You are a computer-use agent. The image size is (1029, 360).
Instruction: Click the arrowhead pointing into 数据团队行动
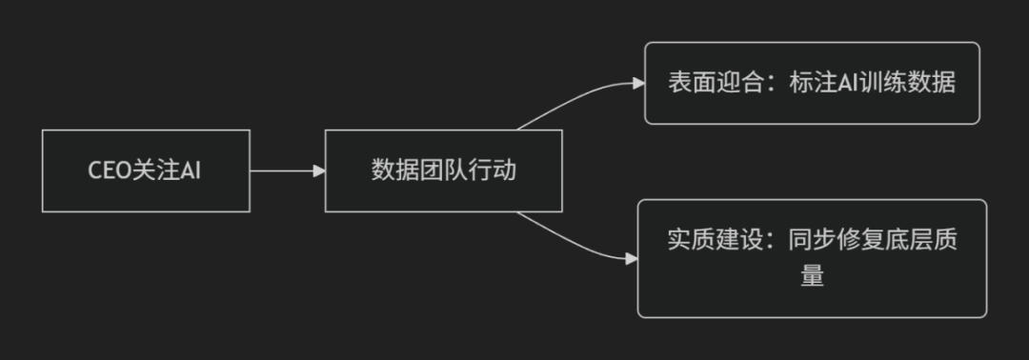click(318, 171)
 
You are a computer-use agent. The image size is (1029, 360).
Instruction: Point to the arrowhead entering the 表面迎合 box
click(638, 83)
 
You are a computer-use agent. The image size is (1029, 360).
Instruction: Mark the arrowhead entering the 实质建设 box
click(631, 257)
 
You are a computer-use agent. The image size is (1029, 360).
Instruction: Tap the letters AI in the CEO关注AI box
click(192, 171)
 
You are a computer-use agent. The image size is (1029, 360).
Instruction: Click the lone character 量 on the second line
click(812, 276)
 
